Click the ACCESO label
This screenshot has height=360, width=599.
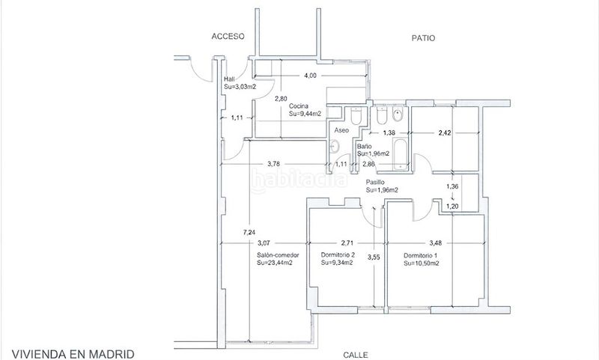(228, 36)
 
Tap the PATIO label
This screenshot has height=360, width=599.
(423, 38)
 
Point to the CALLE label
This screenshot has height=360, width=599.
(356, 355)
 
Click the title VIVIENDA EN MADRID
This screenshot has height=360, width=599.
(73, 354)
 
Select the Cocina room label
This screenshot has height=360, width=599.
(298, 106)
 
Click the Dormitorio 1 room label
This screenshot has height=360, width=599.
(421, 255)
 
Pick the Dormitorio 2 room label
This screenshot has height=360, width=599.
(338, 254)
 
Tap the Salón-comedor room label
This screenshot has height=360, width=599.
(278, 255)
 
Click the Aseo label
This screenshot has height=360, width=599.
(341, 130)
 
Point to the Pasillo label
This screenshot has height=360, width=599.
(375, 182)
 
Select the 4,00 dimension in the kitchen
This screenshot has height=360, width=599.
(310, 76)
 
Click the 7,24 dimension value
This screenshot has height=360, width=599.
(249, 232)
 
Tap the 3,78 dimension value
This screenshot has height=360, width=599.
(273, 164)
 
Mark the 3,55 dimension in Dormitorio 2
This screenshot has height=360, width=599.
(374, 257)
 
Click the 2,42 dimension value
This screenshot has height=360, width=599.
(445, 133)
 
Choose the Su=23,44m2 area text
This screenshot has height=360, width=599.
(275, 263)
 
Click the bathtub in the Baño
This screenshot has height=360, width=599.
(401, 154)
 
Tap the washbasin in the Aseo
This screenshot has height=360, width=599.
(335, 146)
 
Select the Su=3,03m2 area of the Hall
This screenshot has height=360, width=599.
(240, 87)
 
